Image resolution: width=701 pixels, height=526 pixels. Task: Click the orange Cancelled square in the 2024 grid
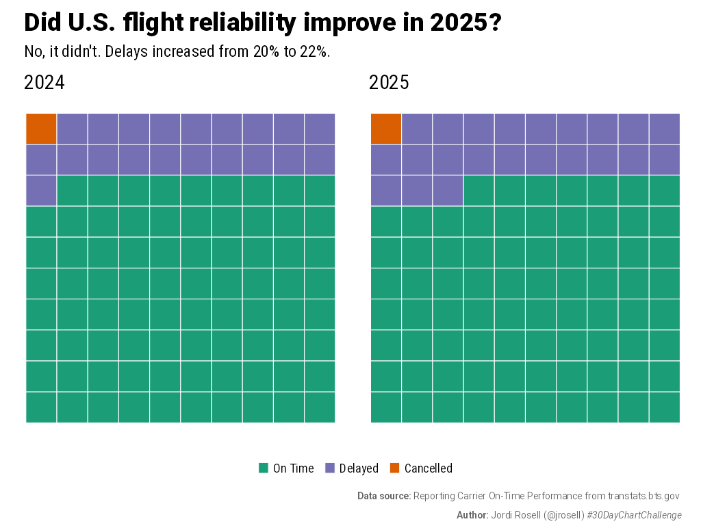pyautogui.click(x=41, y=129)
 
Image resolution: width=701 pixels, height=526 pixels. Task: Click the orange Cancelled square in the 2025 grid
pyautogui.click(x=386, y=129)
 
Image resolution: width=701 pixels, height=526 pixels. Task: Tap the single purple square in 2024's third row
pyautogui.click(x=41, y=190)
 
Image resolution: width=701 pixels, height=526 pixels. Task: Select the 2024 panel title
pyautogui.click(x=44, y=83)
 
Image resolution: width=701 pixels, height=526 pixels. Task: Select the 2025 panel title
pyautogui.click(x=389, y=83)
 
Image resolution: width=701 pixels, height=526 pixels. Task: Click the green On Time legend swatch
pyautogui.click(x=263, y=468)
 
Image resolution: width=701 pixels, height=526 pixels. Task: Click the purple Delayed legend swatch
pyautogui.click(x=330, y=468)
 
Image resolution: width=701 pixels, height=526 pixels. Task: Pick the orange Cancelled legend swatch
pyautogui.click(x=395, y=468)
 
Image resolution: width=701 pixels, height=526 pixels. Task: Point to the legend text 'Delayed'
pyautogui.click(x=359, y=468)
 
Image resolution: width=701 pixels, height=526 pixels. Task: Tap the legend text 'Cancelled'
pyautogui.click(x=428, y=468)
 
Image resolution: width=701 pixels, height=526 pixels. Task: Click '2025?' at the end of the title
pyautogui.click(x=466, y=23)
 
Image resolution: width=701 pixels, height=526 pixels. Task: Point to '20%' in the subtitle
pyautogui.click(x=266, y=52)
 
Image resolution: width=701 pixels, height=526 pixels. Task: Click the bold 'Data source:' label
pyautogui.click(x=383, y=496)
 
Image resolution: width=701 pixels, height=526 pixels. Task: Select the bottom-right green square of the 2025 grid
pyautogui.click(x=664, y=408)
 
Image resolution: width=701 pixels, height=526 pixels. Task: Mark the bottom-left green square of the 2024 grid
pyautogui.click(x=41, y=408)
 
